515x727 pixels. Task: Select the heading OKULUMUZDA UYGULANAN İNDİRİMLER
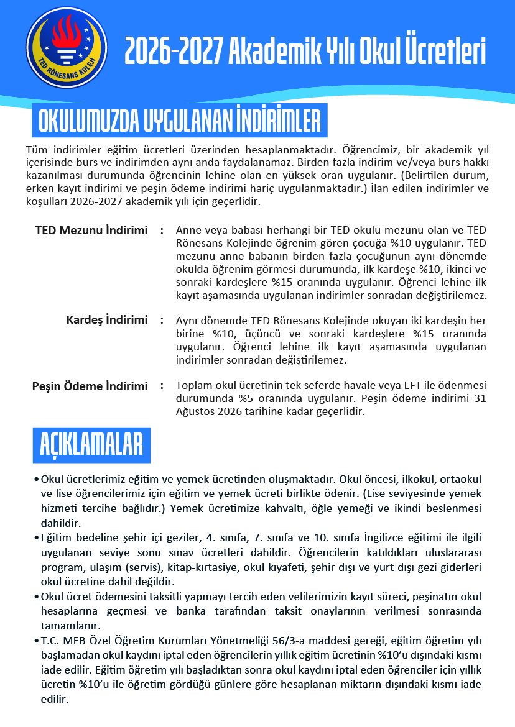pyautogui.click(x=180, y=122)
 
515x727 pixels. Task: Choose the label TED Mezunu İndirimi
pyautogui.click(x=91, y=231)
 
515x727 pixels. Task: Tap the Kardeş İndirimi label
pyautogui.click(x=107, y=320)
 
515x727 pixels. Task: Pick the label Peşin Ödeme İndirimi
pyautogui.click(x=90, y=386)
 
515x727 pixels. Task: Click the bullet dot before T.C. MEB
pyautogui.click(x=37, y=641)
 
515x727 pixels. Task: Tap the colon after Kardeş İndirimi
pyautogui.click(x=161, y=321)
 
